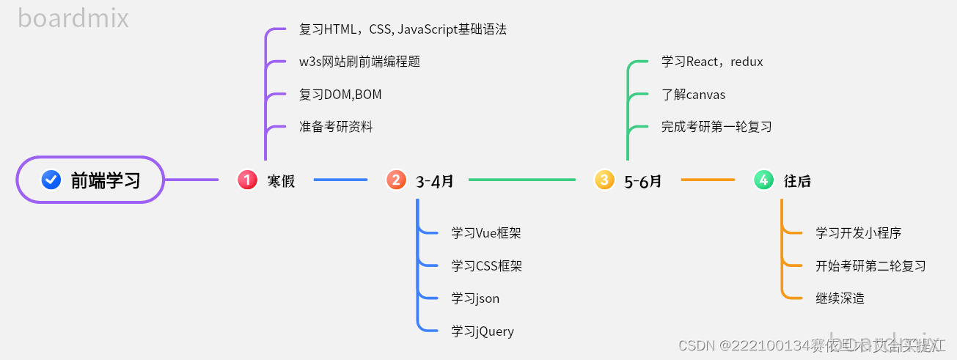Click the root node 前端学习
(x=89, y=180)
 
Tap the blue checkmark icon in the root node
(x=51, y=180)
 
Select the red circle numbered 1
(x=248, y=180)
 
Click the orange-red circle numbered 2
(x=397, y=180)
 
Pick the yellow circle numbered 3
(x=604, y=180)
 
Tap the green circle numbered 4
(x=764, y=180)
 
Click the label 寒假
(x=281, y=180)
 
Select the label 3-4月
(x=435, y=180)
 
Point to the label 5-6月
(x=643, y=180)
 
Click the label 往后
(x=797, y=180)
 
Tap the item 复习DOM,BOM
(x=340, y=95)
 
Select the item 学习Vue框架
(x=486, y=233)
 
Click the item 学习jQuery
(x=483, y=331)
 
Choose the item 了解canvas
(x=693, y=95)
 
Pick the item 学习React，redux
(x=712, y=62)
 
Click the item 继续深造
(x=840, y=298)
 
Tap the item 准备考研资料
(x=336, y=127)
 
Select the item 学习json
(x=475, y=298)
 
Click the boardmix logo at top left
(x=73, y=18)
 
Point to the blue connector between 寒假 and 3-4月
(x=340, y=180)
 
